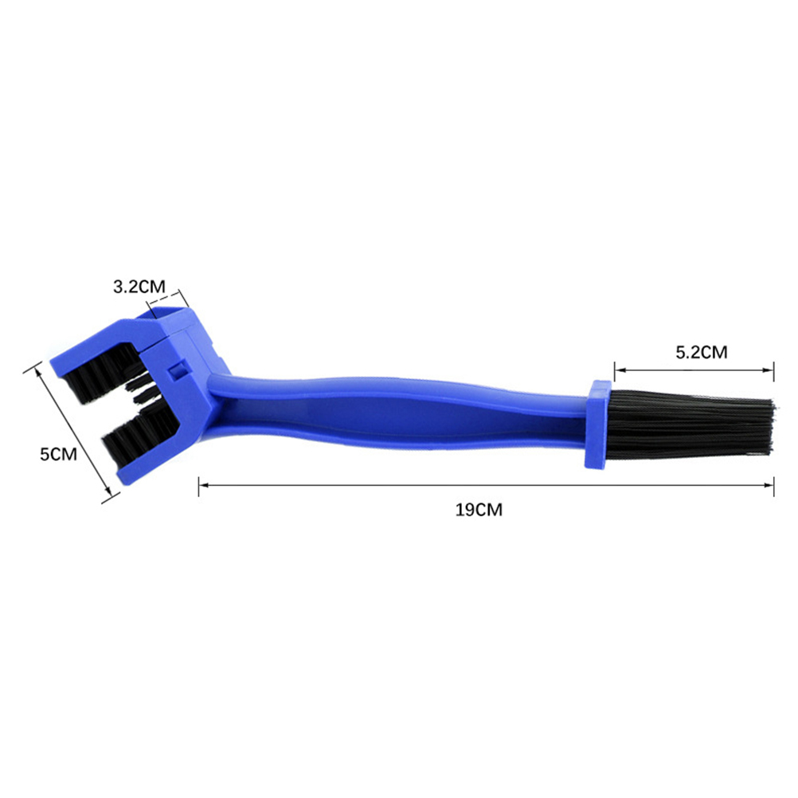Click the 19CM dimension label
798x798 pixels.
point(479,510)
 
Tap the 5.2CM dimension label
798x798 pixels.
point(702,352)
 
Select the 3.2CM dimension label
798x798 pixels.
point(139,287)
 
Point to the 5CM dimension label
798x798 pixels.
point(58,454)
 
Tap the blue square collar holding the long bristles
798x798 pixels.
point(597,424)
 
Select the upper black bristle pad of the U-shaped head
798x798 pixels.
point(102,370)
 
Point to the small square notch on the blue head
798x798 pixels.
point(177,370)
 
